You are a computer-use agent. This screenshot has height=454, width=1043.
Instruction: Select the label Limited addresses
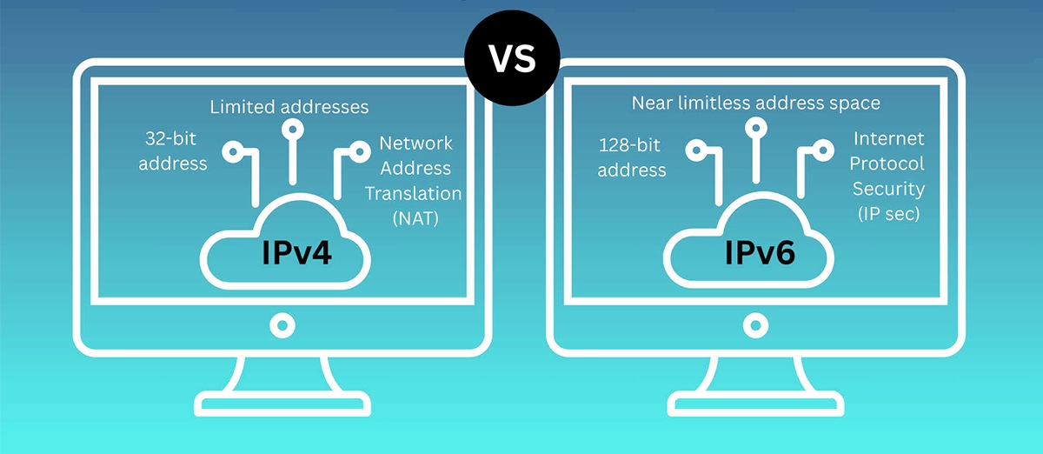pyautogui.click(x=289, y=107)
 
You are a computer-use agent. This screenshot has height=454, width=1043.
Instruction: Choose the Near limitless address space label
pyautogui.click(x=755, y=103)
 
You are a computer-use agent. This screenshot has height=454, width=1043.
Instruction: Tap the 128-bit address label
pyautogui.click(x=632, y=157)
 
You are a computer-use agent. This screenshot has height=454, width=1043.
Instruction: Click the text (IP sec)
pyautogui.click(x=888, y=212)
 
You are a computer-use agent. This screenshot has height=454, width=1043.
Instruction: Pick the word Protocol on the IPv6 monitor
pyautogui.click(x=887, y=164)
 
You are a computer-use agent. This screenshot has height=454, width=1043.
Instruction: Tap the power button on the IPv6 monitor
pyautogui.click(x=752, y=326)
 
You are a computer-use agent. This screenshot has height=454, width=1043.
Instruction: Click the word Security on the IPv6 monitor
pyautogui.click(x=887, y=188)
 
